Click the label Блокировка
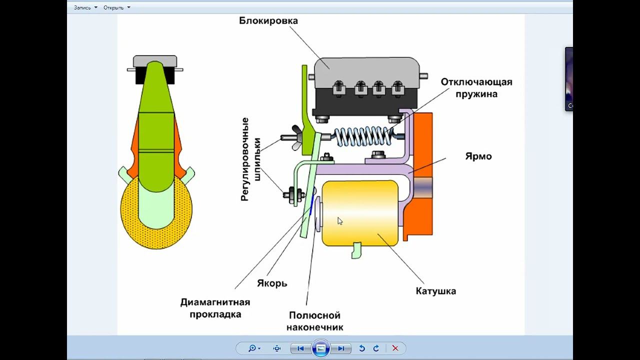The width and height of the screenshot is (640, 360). (268, 21)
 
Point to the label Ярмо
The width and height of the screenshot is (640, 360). (478, 156)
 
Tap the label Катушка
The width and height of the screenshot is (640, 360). (435, 291)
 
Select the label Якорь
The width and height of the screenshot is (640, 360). (272, 283)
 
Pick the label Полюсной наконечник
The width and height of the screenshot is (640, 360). (314, 321)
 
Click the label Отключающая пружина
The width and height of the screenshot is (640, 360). (476, 87)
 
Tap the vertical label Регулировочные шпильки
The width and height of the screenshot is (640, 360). (251, 159)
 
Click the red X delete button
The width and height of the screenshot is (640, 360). (395, 348)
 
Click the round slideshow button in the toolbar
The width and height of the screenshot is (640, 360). (320, 348)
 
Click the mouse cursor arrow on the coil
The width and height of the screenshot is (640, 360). (339, 220)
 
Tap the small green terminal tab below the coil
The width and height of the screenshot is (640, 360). (356, 250)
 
